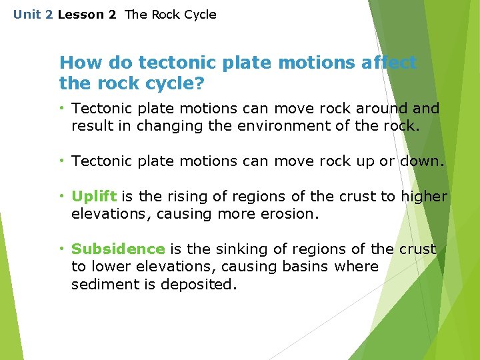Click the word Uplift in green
pos(94,197)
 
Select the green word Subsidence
pos(118,249)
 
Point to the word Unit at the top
pos(27,15)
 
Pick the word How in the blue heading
pos(77,63)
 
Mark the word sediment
pos(103,284)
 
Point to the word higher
pos(425,197)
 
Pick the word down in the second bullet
pos(420,161)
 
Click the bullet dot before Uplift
pos(61,196)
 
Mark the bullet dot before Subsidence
pos(61,249)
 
